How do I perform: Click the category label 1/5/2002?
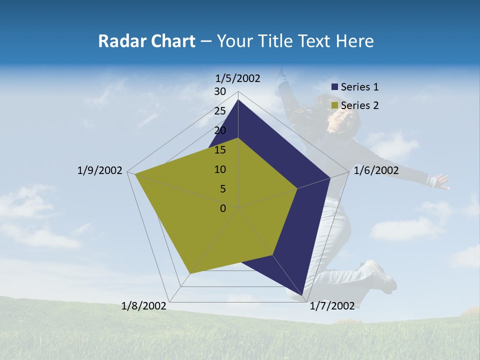238,78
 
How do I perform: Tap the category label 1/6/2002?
376,170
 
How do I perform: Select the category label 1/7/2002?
332,306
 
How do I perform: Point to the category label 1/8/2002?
144,306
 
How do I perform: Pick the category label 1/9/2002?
100,170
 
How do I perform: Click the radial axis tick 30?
220,91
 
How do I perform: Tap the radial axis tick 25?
220,111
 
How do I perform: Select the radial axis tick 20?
220,130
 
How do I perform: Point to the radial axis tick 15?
220,150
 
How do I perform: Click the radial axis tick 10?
220,169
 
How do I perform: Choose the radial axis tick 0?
223,208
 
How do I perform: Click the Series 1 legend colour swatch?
334,87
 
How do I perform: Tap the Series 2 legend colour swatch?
334,105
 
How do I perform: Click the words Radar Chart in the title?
146,41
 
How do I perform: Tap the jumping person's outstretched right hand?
441,181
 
